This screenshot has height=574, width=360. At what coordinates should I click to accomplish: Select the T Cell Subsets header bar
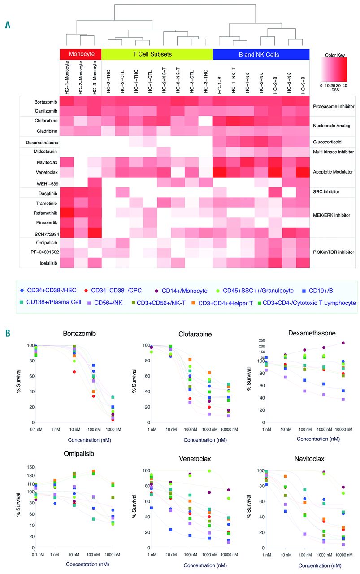coord(157,54)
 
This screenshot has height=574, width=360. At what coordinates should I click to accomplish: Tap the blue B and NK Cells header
coord(261,54)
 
